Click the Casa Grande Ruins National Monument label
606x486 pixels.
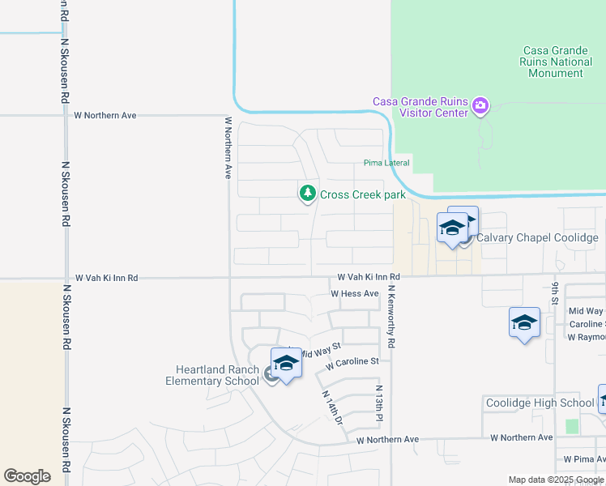click(x=555, y=62)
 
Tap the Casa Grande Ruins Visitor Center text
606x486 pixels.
click(x=420, y=107)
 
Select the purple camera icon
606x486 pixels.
click(x=481, y=105)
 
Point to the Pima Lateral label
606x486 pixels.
click(x=386, y=163)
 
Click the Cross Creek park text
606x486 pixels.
click(x=362, y=194)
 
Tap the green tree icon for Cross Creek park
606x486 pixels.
click(x=307, y=194)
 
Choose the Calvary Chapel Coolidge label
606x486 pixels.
click(x=537, y=237)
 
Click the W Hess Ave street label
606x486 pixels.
click(x=354, y=293)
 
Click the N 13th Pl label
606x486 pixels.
click(x=378, y=403)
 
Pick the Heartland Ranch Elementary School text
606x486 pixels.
click(x=213, y=376)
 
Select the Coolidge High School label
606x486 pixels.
click(x=540, y=403)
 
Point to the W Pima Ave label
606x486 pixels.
click(x=584, y=458)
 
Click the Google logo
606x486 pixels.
click(x=27, y=476)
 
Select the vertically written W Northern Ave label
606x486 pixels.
click(x=228, y=147)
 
